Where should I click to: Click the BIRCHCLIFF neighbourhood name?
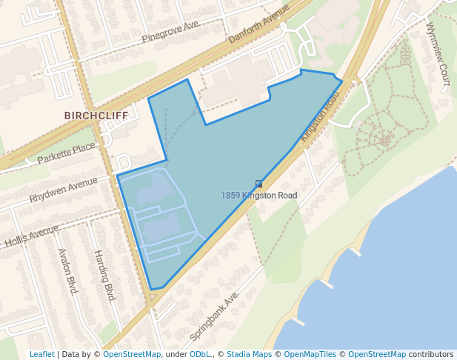click(x=96, y=116)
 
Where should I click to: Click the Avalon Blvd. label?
click(x=67, y=271)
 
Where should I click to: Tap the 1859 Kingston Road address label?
click(x=258, y=196)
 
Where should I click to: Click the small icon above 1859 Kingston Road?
click(x=258, y=184)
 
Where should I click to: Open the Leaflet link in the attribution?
click(x=41, y=354)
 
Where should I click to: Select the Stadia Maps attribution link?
click(x=249, y=354)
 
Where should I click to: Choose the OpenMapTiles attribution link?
click(x=311, y=354)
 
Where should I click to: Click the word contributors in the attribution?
click(x=431, y=354)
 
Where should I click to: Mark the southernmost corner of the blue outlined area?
click(x=152, y=289)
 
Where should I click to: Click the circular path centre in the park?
click(x=384, y=138)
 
